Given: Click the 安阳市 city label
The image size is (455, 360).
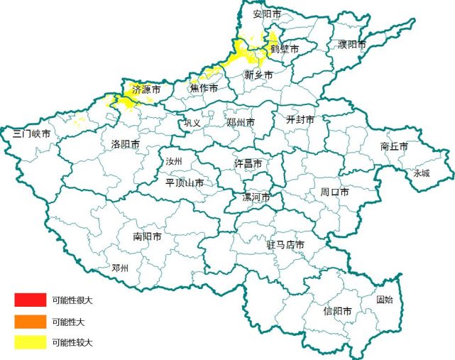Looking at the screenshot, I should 267,14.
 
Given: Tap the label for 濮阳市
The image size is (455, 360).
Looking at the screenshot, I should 352,45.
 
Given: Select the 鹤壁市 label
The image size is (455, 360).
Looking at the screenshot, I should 285,50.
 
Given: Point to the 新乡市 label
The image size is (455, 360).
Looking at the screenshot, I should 258,75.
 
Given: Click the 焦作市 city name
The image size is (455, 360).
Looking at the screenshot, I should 204,88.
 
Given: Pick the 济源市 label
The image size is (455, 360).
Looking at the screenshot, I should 146,90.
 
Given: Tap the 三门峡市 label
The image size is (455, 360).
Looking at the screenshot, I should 32,133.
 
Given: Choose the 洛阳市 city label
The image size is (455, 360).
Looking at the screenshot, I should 125,144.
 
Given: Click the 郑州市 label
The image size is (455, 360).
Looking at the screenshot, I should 241,123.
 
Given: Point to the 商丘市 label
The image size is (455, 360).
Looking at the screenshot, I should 394,146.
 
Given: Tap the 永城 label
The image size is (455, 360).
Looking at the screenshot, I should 422,173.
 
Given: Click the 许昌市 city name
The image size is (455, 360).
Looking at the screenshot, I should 248,163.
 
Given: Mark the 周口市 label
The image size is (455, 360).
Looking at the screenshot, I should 334,192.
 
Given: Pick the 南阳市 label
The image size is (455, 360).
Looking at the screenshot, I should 147,236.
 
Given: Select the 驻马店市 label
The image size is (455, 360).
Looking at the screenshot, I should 285,245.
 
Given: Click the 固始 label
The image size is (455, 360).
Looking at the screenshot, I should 384,300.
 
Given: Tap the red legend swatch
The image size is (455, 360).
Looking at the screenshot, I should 30,300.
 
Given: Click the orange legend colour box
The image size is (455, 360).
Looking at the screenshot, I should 30,321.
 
